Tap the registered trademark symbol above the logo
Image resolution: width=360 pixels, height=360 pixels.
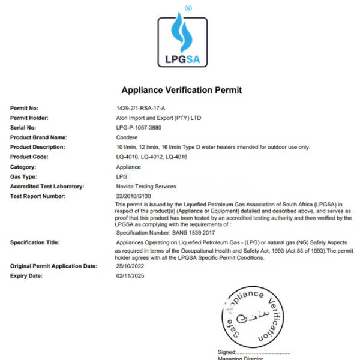tap(188, 8)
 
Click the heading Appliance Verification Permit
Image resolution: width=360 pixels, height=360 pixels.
tap(181, 90)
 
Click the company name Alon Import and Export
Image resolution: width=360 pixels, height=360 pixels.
tap(158, 118)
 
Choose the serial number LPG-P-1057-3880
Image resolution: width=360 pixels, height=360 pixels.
tap(139, 128)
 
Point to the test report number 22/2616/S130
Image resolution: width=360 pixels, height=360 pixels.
tap(136, 196)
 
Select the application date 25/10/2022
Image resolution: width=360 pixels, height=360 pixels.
tap(131, 265)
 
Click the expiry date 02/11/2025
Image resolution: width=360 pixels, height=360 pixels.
tap(131, 275)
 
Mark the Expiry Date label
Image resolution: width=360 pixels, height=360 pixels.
tap(27, 275)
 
